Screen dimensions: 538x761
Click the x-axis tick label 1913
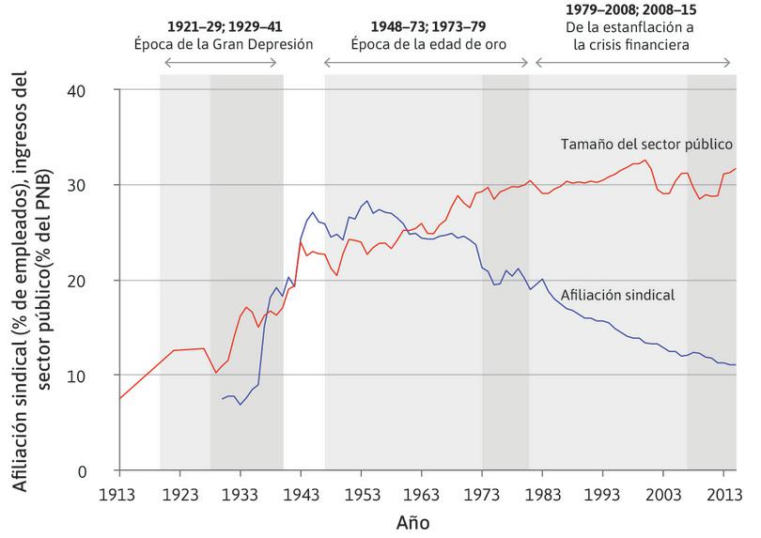point(120,494)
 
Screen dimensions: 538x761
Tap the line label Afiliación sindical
point(618,295)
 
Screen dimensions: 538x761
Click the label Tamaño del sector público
point(646,145)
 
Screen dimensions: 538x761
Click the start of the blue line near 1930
point(223,399)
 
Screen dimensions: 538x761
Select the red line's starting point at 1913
point(121,398)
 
